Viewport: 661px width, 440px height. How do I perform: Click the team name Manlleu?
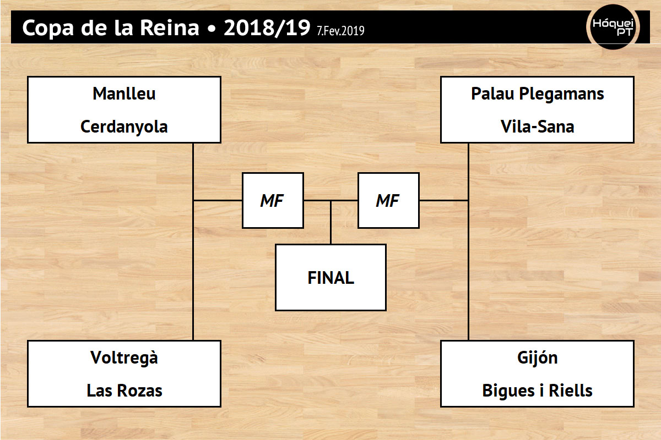(124, 94)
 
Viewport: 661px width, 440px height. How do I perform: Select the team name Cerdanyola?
(124, 127)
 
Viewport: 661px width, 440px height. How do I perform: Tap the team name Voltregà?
(124, 358)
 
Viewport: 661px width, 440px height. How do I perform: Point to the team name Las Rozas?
(124, 391)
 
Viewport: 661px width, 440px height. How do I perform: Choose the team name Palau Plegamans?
(538, 94)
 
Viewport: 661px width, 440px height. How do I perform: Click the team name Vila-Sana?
(538, 127)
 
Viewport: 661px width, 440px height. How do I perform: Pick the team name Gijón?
(538, 359)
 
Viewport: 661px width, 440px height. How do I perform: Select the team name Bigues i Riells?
(538, 392)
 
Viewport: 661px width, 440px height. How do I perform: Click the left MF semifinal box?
(273, 200)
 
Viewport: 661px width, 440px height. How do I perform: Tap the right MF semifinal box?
(388, 200)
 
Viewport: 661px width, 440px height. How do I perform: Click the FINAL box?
(331, 278)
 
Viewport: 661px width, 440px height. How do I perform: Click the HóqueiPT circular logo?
(613, 27)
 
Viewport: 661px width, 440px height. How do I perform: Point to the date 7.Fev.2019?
(340, 31)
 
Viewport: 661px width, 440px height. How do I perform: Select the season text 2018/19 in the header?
(267, 28)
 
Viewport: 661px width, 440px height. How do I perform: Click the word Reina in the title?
(170, 28)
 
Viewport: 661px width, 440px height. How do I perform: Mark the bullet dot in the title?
(212, 29)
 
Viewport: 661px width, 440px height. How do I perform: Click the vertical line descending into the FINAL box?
(331, 223)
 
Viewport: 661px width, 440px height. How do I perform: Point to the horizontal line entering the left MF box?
(218, 200)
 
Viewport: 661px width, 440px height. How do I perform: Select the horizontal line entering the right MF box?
(444, 200)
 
